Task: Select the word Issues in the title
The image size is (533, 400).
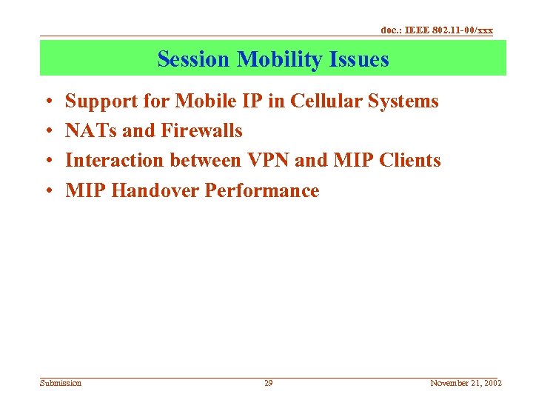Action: coord(362,59)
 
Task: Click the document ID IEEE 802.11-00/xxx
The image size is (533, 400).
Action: coord(436,30)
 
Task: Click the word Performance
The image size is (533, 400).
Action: coord(262,191)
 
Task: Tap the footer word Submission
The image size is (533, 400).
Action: coord(61,383)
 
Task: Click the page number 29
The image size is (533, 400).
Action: coord(269,383)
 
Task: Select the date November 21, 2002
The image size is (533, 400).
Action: coord(466,383)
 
